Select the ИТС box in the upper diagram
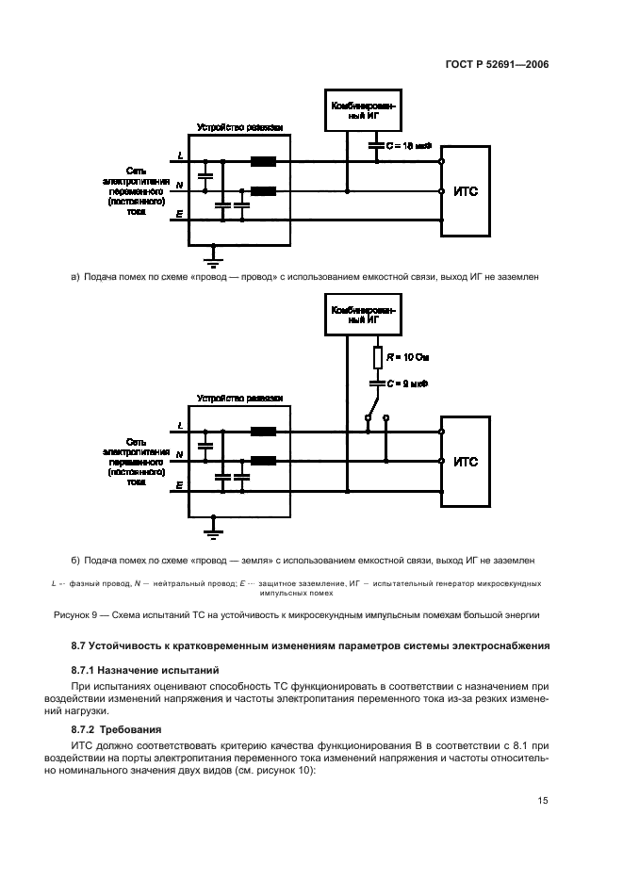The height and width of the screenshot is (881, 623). click(466, 190)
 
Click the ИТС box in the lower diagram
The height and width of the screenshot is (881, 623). click(466, 461)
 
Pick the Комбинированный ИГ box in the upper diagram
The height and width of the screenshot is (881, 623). click(362, 112)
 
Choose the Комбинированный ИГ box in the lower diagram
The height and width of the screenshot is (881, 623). click(362, 315)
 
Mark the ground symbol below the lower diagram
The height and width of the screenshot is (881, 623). click(214, 531)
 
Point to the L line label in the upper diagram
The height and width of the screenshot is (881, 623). click(180, 155)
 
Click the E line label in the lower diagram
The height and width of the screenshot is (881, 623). click(180, 484)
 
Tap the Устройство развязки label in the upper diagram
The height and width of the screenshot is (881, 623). click(239, 126)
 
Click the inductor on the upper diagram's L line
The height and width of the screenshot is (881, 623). click(263, 161)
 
